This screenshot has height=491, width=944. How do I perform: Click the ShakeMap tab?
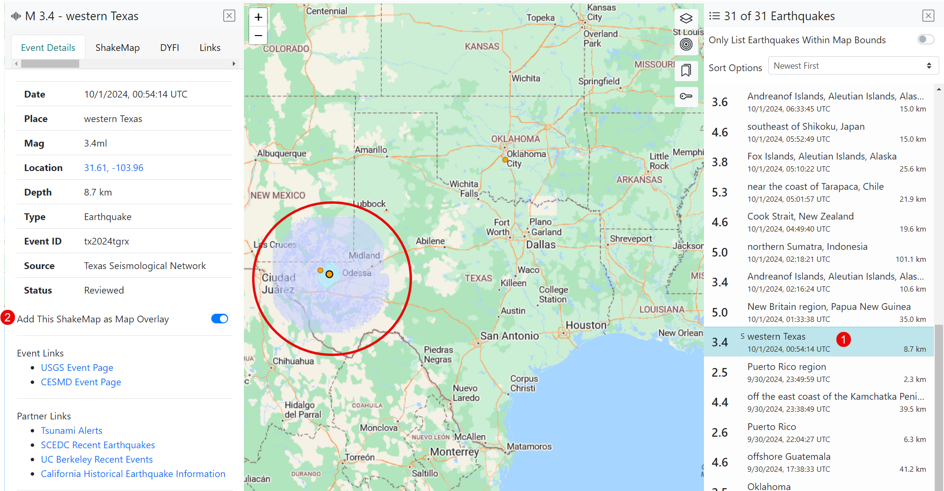click(117, 48)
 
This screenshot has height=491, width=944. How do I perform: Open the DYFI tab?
click(169, 48)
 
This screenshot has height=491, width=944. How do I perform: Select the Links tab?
click(210, 48)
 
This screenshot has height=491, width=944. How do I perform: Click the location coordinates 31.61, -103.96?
click(114, 168)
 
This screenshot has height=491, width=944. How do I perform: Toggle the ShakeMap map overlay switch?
click(219, 319)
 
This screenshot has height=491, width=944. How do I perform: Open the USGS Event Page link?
click(77, 368)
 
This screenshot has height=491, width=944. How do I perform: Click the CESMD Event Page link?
click(81, 382)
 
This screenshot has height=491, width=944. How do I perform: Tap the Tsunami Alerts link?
click(72, 430)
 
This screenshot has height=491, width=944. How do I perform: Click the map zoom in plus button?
click(258, 17)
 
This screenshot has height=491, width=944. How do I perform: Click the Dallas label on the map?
click(541, 245)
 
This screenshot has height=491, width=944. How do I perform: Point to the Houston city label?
click(586, 325)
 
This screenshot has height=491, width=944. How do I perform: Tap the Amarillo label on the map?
click(371, 150)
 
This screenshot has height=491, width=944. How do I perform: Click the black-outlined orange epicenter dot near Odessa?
click(329, 274)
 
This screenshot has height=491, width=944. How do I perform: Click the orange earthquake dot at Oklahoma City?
click(505, 160)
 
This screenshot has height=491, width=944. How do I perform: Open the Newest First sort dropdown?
click(853, 66)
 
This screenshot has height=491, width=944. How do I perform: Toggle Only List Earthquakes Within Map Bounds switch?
click(925, 40)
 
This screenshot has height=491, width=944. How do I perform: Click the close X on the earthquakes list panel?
click(928, 16)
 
